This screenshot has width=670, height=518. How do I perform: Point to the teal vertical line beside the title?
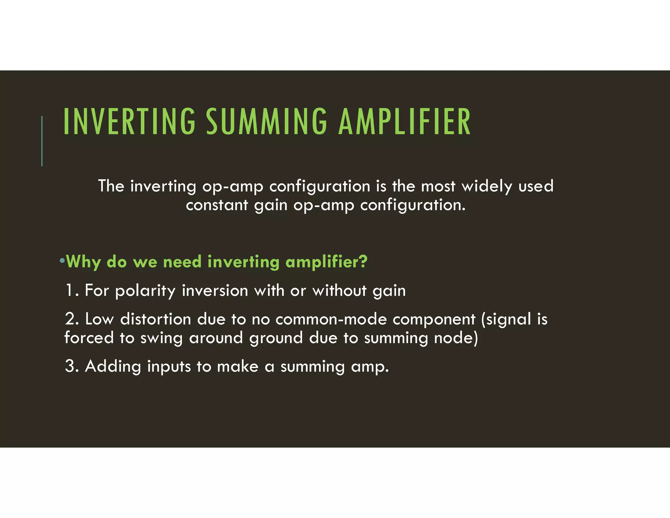point(42,141)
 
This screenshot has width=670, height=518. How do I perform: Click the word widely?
point(487,186)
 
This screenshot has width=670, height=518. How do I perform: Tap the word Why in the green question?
point(83,262)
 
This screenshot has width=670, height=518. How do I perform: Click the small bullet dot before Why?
point(62,261)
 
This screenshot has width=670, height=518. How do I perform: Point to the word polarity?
point(145,291)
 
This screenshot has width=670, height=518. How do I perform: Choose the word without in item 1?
point(339,290)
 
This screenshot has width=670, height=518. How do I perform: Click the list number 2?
point(71,319)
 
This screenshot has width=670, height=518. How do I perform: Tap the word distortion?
point(155,319)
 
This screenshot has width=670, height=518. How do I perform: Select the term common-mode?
point(331,319)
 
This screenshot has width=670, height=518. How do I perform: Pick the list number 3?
point(71,366)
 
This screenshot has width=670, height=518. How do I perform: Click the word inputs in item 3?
point(169,367)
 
